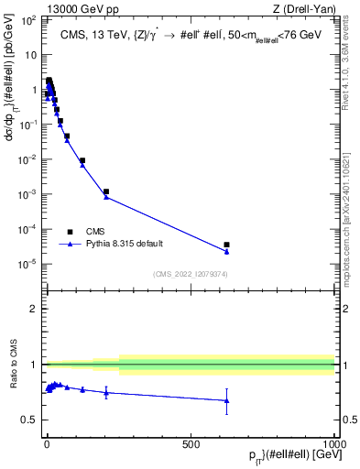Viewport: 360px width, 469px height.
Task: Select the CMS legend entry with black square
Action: pos(71,231)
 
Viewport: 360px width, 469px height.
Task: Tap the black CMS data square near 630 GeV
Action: pos(226,245)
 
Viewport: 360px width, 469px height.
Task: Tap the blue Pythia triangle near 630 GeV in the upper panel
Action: pos(226,252)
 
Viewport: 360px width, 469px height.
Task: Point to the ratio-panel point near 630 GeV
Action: pos(226,400)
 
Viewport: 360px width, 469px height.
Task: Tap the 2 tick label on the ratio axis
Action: pos(37,309)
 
